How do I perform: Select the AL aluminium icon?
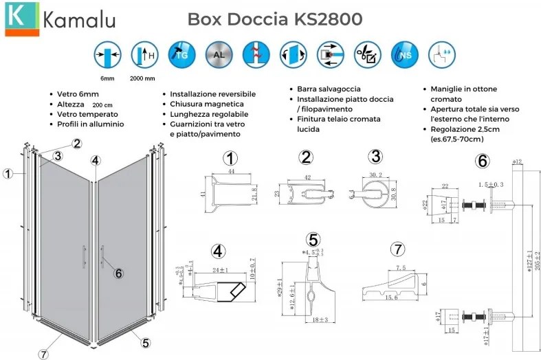218,54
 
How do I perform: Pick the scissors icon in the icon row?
367,54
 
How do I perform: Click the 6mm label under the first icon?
107,78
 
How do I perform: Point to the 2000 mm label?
143,78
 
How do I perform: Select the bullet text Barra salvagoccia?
329,89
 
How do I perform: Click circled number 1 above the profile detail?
230,159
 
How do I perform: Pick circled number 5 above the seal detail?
313,240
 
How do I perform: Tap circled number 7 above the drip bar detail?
396,248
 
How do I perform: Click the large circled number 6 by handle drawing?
483,162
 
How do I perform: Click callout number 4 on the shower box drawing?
95,160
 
